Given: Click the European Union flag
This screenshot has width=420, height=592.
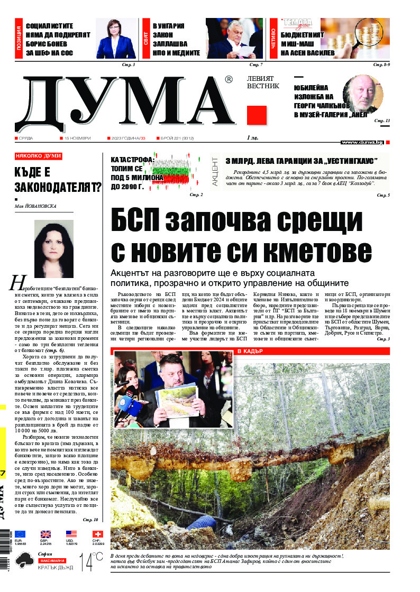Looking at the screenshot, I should (x=21, y=534).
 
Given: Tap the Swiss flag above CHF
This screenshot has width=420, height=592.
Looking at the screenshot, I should (x=97, y=534).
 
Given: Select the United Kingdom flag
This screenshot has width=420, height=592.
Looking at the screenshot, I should (x=46, y=534).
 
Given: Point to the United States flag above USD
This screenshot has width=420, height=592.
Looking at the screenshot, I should (x=71, y=534).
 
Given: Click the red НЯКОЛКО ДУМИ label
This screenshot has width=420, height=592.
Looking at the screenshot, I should (x=39, y=156).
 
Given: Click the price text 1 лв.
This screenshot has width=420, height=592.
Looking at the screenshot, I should (x=252, y=138).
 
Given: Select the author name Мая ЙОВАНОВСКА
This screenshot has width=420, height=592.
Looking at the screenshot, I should (x=35, y=207).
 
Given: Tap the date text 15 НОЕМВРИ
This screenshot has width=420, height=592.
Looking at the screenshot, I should (x=77, y=138).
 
